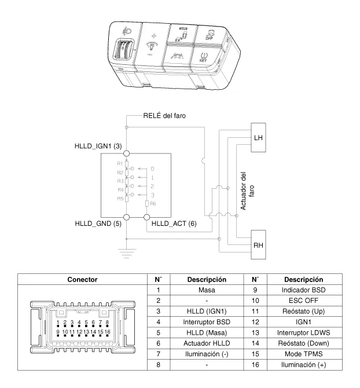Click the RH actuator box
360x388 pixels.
click(x=259, y=245)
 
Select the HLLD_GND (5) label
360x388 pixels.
click(x=98, y=224)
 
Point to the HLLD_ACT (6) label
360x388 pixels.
click(x=174, y=224)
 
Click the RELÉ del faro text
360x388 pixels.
click(x=165, y=115)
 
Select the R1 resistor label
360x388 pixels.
click(x=120, y=164)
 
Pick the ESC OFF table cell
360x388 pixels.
click(x=304, y=300)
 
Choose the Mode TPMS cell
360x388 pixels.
click(x=304, y=353)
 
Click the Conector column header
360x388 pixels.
click(x=82, y=279)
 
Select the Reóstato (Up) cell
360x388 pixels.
click(x=304, y=310)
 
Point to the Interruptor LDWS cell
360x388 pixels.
click(x=304, y=332)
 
